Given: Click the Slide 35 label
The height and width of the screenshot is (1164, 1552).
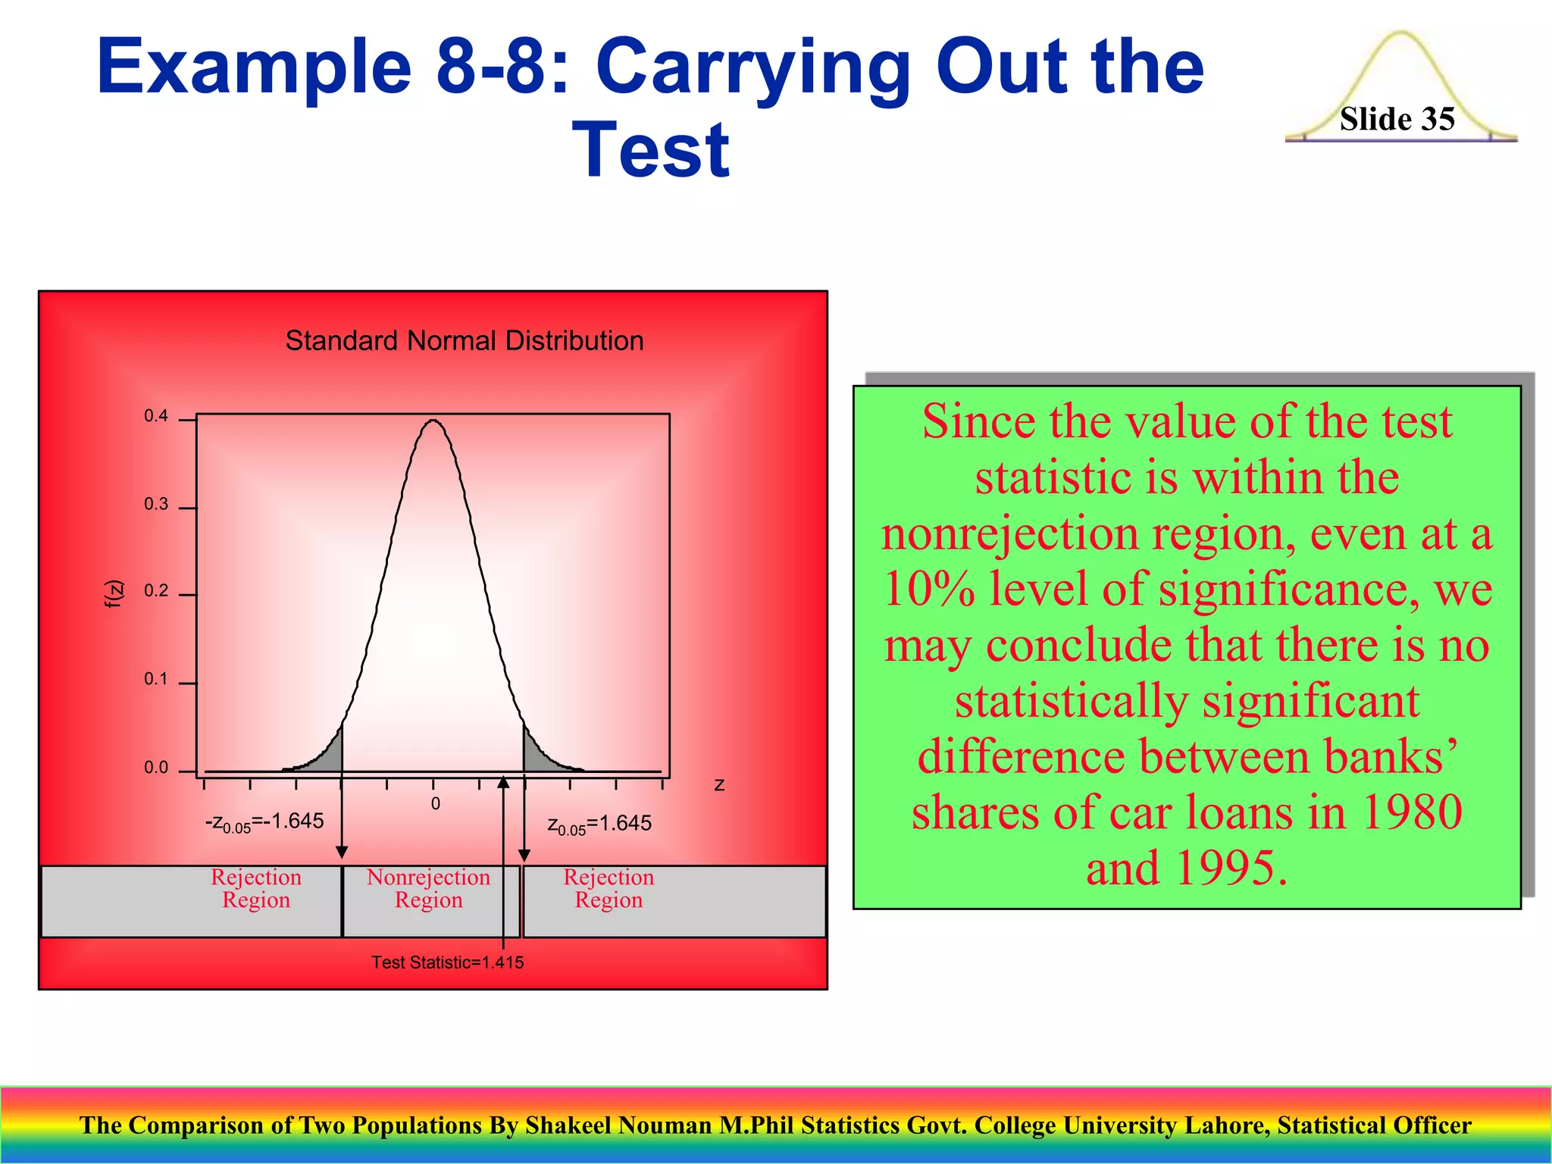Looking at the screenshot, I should point(1397,119).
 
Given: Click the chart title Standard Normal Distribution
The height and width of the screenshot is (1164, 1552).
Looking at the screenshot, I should point(464,341).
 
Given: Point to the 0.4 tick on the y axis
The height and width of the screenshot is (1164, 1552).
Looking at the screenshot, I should point(156,416).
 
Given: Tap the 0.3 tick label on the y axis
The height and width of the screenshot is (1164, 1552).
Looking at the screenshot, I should point(156,505).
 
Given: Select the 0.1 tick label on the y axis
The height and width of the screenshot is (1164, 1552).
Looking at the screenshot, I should point(156,679).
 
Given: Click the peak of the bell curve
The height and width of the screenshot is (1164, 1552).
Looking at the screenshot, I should point(433,421).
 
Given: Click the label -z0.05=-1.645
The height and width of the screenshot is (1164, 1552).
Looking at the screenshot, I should point(264,822).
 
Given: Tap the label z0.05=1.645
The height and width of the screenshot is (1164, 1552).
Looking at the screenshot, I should point(599,824).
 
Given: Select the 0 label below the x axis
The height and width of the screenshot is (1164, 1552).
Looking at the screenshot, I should point(436,804).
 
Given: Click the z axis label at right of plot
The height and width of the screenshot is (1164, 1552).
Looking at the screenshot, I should point(719,785).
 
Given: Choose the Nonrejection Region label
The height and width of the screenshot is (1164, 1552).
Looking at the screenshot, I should point(428,888).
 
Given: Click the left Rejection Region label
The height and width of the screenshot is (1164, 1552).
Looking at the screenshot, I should point(256,888).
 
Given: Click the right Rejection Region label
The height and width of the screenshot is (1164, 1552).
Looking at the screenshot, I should point(609,888).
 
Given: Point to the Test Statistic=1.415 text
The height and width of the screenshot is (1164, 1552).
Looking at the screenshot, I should point(447,962).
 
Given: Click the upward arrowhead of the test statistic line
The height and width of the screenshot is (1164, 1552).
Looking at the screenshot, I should point(503,783).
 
